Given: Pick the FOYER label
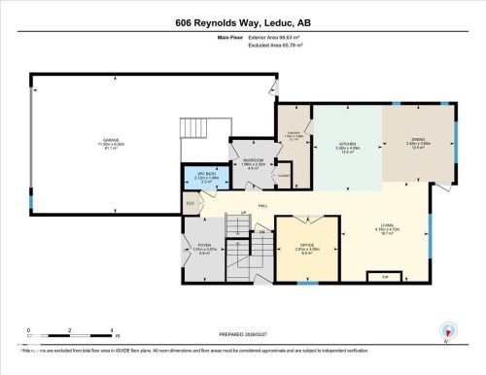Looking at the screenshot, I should click(x=204, y=247).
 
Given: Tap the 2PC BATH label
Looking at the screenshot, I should click(x=205, y=176).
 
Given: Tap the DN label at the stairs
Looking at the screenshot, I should click(x=262, y=233).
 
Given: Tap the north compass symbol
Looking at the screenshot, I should click(x=448, y=330).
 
